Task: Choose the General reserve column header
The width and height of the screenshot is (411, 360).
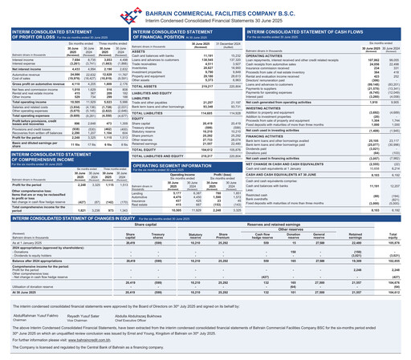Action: tap(294, 236)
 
